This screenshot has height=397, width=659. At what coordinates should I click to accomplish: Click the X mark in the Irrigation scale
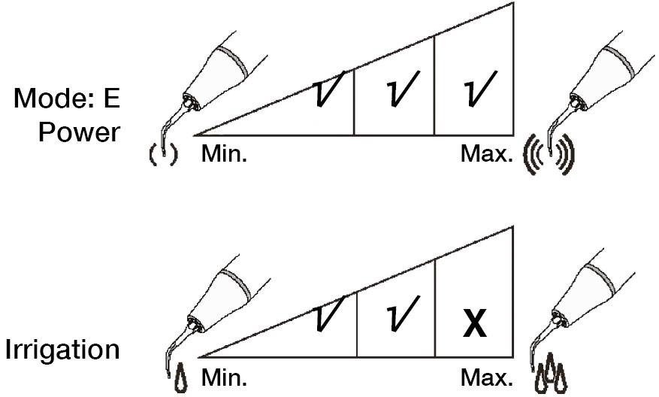(475, 323)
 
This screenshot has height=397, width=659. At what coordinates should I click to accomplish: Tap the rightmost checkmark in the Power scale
(480, 88)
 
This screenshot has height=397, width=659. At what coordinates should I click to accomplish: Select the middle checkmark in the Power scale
(402, 88)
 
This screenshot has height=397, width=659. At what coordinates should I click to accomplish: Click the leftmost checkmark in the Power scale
(328, 88)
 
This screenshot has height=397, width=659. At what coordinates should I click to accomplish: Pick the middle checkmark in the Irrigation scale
(403, 314)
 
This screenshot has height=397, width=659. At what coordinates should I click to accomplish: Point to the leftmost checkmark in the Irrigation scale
(328, 314)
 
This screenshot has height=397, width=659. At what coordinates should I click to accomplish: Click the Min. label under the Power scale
(224, 154)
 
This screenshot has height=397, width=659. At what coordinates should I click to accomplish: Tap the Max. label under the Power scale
(487, 154)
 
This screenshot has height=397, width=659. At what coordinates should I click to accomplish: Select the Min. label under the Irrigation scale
(224, 377)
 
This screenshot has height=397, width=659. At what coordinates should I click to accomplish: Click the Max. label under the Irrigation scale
(487, 377)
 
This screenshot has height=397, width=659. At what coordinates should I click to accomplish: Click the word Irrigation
(62, 350)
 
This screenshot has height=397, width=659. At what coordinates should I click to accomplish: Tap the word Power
(80, 132)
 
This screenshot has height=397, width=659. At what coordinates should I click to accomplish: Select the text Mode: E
(67, 98)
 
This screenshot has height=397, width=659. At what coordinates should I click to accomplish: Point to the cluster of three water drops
(551, 374)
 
